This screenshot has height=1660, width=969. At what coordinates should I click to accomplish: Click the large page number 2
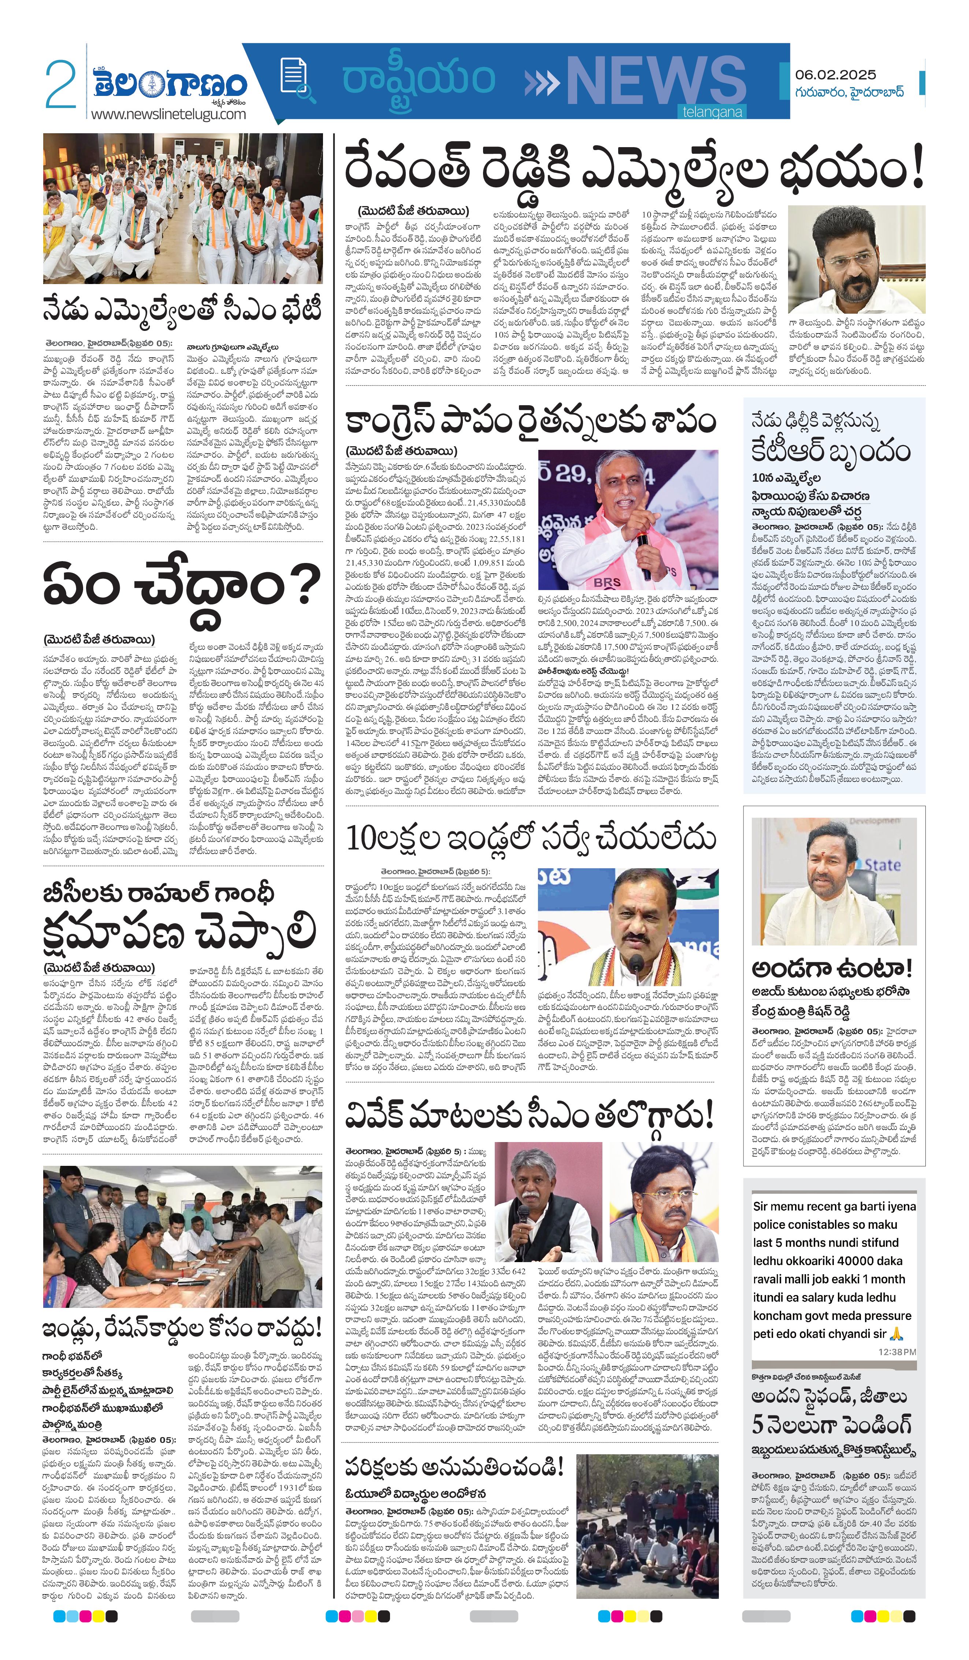[61, 84]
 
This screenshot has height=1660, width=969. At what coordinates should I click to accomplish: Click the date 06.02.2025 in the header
[835, 75]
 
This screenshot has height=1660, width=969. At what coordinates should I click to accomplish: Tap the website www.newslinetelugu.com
[168, 114]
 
